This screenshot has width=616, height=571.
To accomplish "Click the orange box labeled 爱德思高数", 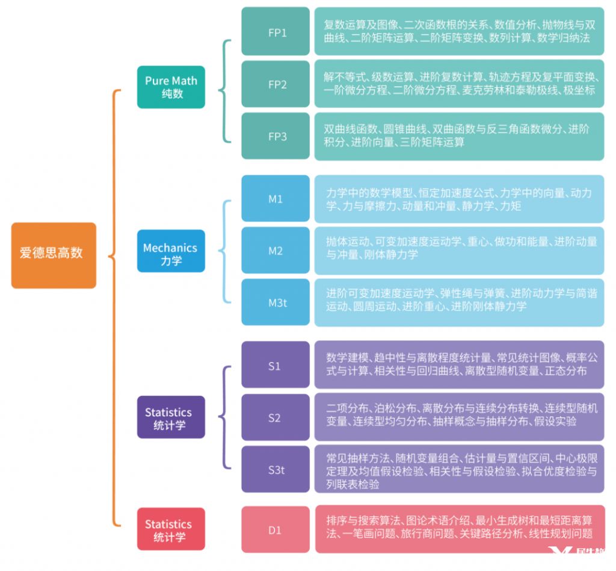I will pyautogui.click(x=53, y=255).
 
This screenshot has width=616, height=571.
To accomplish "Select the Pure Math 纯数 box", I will pyautogui.click(x=171, y=87).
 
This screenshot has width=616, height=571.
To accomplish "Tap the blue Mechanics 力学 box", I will pyautogui.click(x=171, y=254).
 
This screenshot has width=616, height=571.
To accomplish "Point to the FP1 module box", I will pyautogui.click(x=276, y=33).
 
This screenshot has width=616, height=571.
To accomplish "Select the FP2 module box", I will pyautogui.click(x=276, y=84).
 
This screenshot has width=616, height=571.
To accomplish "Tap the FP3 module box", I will pyautogui.click(x=276, y=136).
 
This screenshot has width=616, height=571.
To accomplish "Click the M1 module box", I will pyautogui.click(x=276, y=199).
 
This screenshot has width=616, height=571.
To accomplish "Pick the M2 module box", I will pyautogui.click(x=276, y=251).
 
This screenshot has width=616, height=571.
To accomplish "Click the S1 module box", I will pyautogui.click(x=274, y=366).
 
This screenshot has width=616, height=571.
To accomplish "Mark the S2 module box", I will pyautogui.click(x=274, y=417).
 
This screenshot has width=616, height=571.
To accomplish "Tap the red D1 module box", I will pyautogui.click(x=275, y=530).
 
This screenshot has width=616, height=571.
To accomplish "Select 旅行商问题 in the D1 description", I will pyautogui.click(x=464, y=533).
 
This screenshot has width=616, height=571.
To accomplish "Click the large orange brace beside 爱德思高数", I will pyautogui.click(x=114, y=307).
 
